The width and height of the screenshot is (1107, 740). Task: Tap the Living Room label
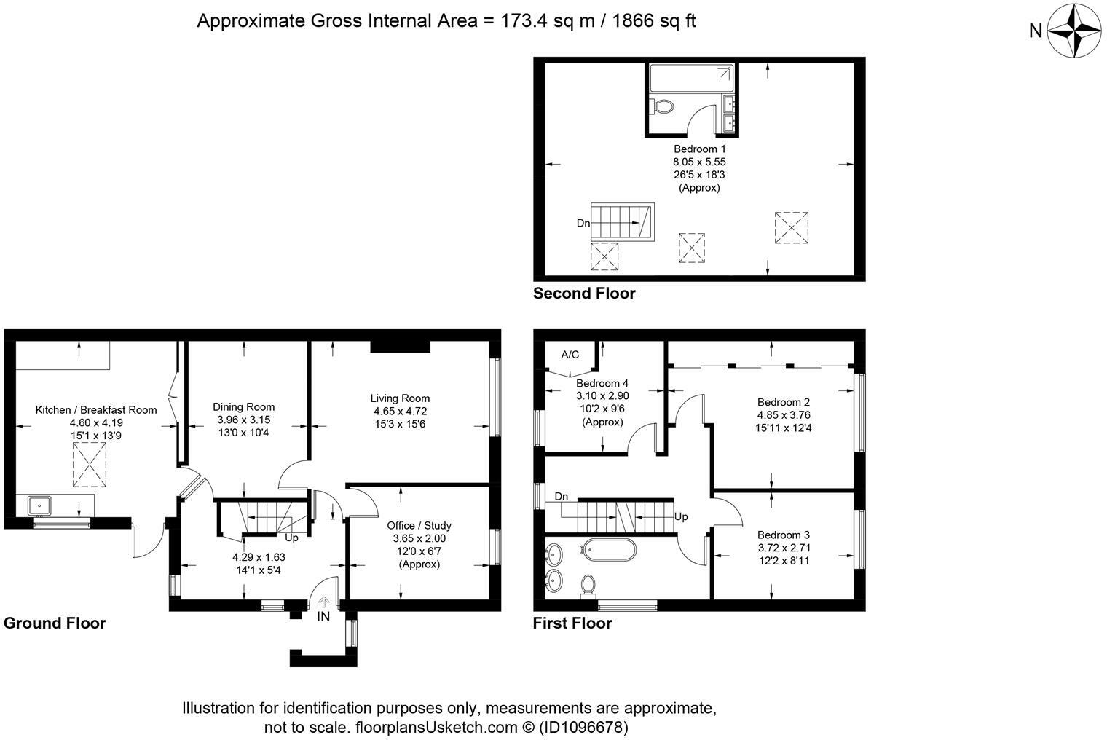400,398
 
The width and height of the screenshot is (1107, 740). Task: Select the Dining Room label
244,407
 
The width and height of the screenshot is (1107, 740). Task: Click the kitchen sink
39,506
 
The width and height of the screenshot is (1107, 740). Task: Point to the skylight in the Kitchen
90,464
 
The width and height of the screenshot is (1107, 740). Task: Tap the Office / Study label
419,525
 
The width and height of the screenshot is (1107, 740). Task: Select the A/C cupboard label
570,355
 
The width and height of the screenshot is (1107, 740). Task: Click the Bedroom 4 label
602,383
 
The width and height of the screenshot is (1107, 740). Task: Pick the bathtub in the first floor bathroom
608,550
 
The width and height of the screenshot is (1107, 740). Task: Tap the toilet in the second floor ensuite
661,106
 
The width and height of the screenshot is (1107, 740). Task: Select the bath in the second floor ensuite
691,78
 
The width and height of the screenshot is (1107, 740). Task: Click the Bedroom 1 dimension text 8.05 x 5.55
699,162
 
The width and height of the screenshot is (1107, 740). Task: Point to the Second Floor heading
584,293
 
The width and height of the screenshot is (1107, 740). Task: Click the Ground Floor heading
55,623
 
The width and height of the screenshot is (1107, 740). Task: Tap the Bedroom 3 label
784,535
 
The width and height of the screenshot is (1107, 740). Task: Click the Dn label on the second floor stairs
583,224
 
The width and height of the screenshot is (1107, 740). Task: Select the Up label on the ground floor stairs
291,538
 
